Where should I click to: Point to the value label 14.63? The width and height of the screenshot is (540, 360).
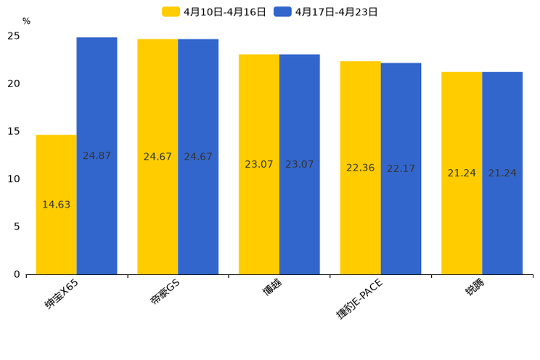pos(56,205)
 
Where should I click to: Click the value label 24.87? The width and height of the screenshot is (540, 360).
pos(97,156)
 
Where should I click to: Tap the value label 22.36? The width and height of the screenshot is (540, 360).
pos(360,168)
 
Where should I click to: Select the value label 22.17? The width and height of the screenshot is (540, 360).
pos(401,168)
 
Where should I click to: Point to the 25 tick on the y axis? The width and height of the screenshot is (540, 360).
pos(14,36)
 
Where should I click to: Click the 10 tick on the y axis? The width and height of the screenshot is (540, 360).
pos(14,179)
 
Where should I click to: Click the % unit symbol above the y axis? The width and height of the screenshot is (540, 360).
pos(26,21)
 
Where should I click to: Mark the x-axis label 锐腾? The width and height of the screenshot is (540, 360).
pos(475,288)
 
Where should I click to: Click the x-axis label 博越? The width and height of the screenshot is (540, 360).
pos(272,288)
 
